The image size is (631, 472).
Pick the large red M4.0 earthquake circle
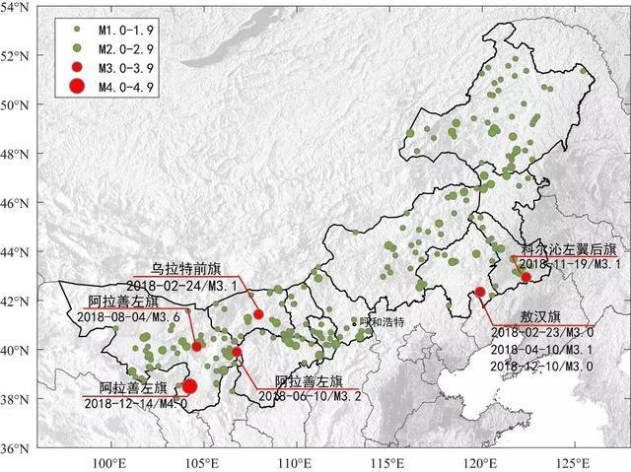coord(189,386)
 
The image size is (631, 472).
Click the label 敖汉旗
coord(540,317)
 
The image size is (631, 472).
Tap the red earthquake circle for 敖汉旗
coord(480,292)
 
